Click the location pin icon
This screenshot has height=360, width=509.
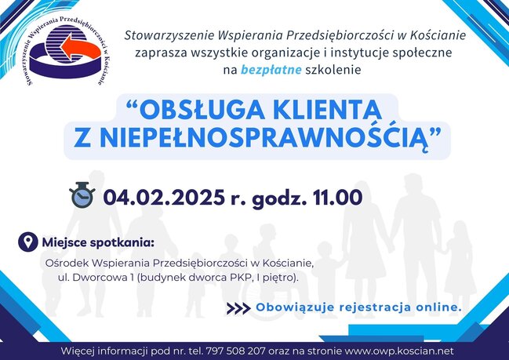click(x=28, y=242)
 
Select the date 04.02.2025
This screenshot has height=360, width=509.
click(x=164, y=198)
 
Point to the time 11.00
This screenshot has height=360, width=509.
click(x=337, y=198)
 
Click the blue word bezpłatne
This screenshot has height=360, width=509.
click(x=271, y=70)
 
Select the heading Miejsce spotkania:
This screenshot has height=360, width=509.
click(x=98, y=242)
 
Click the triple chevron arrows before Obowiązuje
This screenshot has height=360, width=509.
click(x=238, y=308)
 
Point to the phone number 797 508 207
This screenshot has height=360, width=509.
click(x=236, y=351)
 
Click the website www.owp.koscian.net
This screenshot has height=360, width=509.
click(x=399, y=351)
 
